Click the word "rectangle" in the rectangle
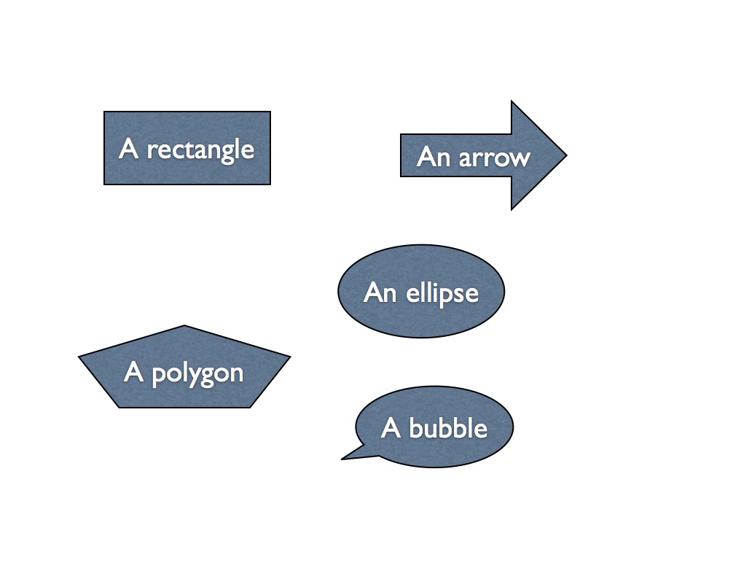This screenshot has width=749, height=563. [x=200, y=150]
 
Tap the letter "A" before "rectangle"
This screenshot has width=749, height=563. [x=128, y=148]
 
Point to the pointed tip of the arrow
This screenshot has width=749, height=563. [x=567, y=155]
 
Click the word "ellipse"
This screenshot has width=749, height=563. [x=442, y=292]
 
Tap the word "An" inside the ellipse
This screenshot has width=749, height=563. [x=380, y=292]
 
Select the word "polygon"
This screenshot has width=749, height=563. [x=197, y=374]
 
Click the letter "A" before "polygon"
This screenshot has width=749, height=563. [x=133, y=372]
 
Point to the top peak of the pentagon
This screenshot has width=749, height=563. [x=184, y=325]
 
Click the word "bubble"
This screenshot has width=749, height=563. [x=448, y=428]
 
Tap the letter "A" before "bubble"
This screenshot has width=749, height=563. [x=391, y=428]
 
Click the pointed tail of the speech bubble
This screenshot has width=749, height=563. [x=342, y=459]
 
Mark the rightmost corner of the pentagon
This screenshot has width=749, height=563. [x=291, y=356]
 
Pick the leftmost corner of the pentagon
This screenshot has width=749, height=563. [x=79, y=356]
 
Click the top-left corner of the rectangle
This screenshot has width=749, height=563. [x=104, y=112]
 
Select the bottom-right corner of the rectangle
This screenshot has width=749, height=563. [x=270, y=185]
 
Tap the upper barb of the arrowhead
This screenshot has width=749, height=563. [x=511, y=101]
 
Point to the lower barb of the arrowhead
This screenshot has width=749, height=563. [x=511, y=209]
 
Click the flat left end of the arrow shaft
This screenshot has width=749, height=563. [x=400, y=155]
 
